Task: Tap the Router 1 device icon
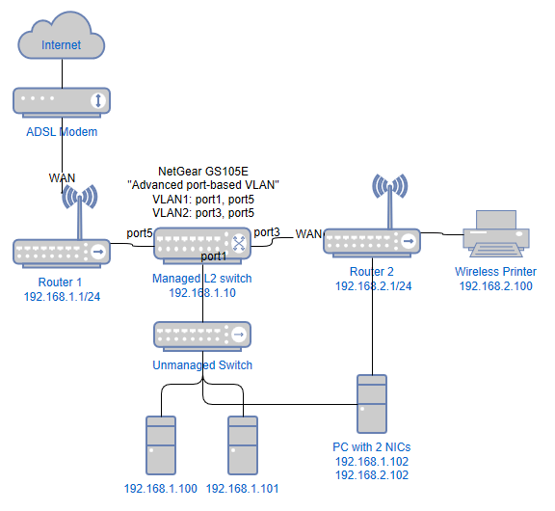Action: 62,252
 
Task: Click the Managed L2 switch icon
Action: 202,243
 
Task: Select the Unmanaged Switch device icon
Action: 202,335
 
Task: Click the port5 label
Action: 140,232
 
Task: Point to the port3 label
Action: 267,232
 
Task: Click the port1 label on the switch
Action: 214,256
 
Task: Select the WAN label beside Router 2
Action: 308,233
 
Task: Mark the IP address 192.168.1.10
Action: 202,292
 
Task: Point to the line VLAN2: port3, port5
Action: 202,212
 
